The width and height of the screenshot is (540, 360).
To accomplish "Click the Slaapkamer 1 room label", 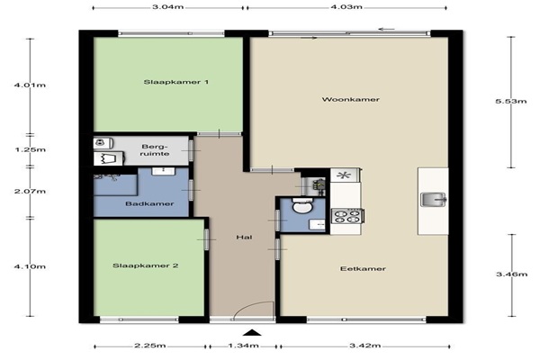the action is tap(176, 82).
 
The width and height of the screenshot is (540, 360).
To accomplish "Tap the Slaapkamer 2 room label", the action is tap(146, 265).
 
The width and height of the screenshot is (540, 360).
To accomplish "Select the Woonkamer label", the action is tap(351, 99).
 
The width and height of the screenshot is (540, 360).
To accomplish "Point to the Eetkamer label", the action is tap(363, 268).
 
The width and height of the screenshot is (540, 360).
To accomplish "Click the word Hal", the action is tap(244, 237).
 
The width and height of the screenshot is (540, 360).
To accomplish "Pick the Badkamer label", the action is tap(149, 203).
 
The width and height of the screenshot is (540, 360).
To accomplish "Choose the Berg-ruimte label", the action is tap(155, 150).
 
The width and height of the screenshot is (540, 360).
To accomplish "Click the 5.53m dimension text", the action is tap(511, 101).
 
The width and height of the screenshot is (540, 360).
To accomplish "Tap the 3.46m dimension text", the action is tap(512, 274).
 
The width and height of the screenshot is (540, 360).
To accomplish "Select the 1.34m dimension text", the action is tap(244, 346).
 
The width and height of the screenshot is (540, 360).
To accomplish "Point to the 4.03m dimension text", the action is tap(346, 7).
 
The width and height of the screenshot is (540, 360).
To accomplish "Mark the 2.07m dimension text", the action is tap(30, 191).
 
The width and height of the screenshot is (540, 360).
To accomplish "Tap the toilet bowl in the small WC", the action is tap(302, 205).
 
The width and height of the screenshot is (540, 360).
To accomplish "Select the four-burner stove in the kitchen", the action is tap(347, 216).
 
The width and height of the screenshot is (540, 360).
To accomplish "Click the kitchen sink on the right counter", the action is tap(434, 200).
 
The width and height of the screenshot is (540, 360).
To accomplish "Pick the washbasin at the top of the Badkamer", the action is tap(164, 171).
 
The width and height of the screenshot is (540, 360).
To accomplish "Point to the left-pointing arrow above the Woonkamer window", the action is tap(386, 30).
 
